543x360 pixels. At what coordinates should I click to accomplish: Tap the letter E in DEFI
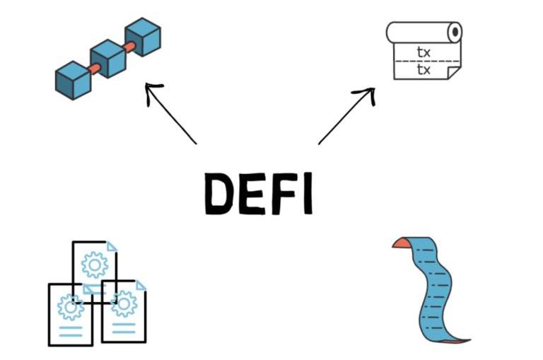click(252, 193)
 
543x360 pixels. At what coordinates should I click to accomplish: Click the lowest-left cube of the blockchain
click(73, 80)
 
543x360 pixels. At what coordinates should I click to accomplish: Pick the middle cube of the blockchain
click(107, 58)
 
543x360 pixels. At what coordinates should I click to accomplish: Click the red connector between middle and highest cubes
click(127, 47)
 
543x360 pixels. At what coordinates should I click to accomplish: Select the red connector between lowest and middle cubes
click(93, 69)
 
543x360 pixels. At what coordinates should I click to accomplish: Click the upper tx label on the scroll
click(424, 52)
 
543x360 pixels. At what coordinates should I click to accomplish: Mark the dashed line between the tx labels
click(424, 62)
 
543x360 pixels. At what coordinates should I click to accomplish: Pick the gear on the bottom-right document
click(124, 303)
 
